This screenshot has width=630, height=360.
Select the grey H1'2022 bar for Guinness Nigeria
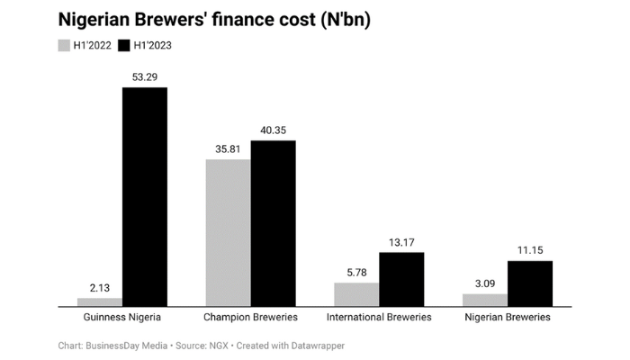[100, 301]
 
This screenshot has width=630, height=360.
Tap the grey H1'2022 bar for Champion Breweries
[228, 233]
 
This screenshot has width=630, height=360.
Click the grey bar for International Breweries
[356, 294]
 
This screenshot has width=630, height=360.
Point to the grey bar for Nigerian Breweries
[485, 300]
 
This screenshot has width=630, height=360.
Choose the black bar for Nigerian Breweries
[530, 283]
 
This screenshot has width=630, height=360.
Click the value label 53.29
[145, 77]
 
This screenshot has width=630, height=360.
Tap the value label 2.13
[100, 288]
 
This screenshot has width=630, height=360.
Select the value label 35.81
[228, 149]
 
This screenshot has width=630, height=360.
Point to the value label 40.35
[274, 130]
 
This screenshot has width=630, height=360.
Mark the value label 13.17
[401, 242]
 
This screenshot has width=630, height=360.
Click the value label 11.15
[530, 251]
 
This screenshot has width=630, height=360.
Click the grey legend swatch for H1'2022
[64, 44]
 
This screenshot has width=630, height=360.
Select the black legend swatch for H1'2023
[124, 44]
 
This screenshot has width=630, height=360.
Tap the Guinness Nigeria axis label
[122, 318]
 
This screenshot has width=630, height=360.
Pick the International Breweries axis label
[379, 318]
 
